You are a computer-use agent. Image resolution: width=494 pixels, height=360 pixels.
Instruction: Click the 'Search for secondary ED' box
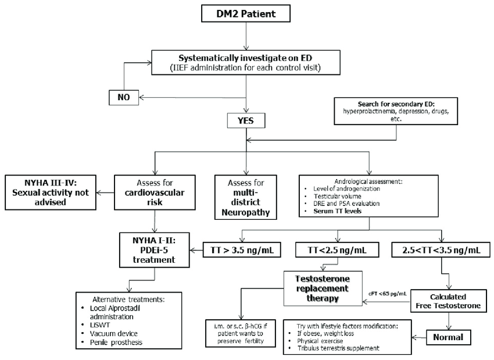(x=396, y=109)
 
